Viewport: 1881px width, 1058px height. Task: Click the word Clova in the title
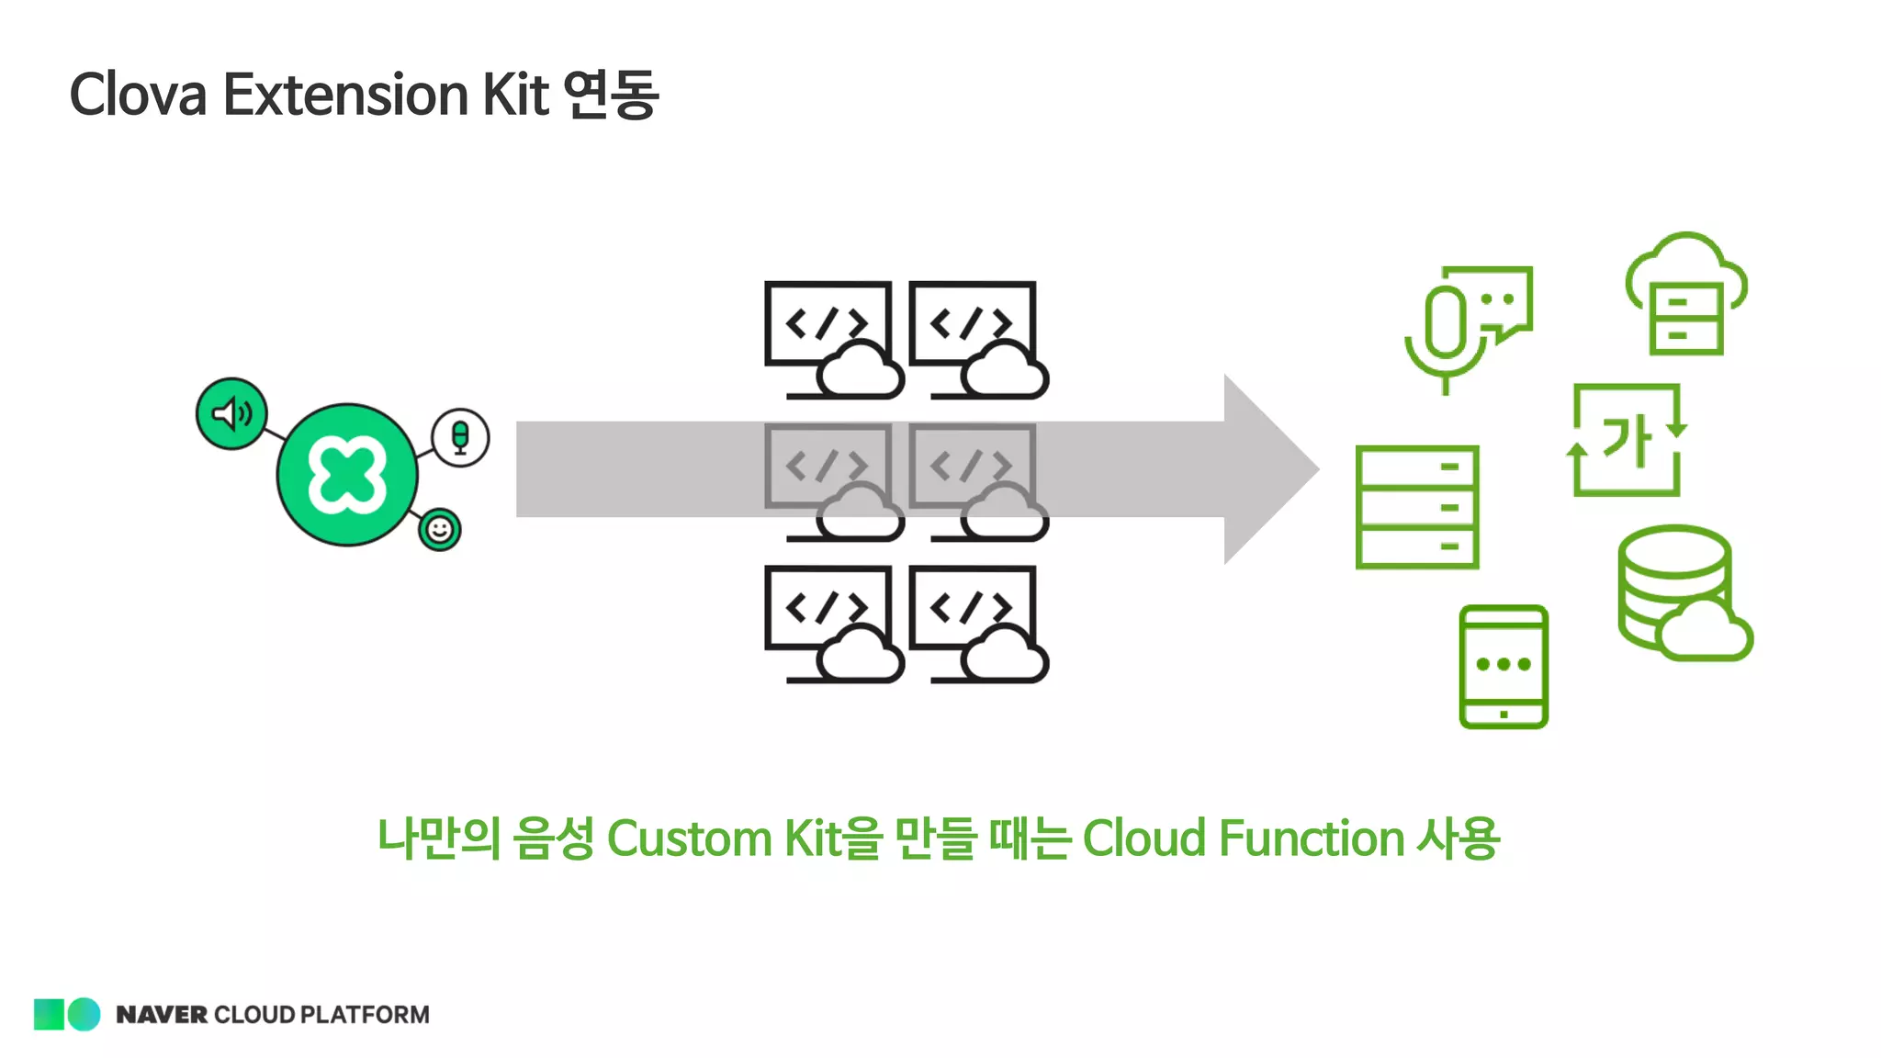tap(138, 95)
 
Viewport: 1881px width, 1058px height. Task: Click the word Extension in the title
tap(346, 95)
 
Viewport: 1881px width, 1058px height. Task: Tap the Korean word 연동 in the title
tap(611, 95)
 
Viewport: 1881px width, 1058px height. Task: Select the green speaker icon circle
tap(231, 413)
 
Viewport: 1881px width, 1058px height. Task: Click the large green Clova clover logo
tap(347, 475)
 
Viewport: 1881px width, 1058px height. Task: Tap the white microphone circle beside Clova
tap(460, 437)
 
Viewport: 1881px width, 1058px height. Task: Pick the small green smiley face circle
tap(440, 530)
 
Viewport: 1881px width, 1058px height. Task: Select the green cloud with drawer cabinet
tap(1686, 294)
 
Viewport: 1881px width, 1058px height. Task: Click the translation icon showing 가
tap(1627, 440)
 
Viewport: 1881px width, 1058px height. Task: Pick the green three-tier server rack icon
tap(1417, 507)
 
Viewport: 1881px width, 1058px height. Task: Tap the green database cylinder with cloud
tap(1681, 592)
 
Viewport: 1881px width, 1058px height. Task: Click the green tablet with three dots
tap(1504, 666)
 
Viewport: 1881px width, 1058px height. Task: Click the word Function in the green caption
tap(1312, 839)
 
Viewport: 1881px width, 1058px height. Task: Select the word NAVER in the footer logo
tap(162, 1015)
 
